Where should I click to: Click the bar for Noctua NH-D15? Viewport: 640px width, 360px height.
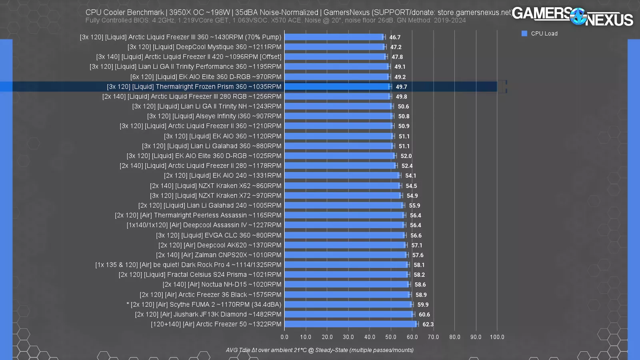[346, 284]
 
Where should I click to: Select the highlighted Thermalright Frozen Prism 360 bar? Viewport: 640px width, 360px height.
[337, 86]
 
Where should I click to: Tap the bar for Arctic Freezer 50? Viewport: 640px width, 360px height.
[350, 324]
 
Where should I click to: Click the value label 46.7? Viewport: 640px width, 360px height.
[395, 37]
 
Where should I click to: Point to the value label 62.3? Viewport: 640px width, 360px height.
[428, 324]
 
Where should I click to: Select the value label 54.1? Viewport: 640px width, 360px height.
[410, 176]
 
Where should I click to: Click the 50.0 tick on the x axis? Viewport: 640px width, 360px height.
[391, 337]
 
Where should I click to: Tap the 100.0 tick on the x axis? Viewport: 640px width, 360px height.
[497, 337]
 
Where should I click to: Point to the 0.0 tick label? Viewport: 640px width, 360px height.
[284, 337]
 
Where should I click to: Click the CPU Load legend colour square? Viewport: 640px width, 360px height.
[524, 34]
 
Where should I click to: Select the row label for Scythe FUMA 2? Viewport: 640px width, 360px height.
[204, 304]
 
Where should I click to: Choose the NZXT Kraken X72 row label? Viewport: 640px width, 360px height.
[216, 196]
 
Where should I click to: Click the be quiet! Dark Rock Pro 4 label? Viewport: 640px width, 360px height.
[188, 265]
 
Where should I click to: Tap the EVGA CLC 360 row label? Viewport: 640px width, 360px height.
[219, 235]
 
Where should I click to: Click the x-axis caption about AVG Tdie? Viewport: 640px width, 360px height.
[320, 350]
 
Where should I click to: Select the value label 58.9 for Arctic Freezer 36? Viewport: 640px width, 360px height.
[421, 295]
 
